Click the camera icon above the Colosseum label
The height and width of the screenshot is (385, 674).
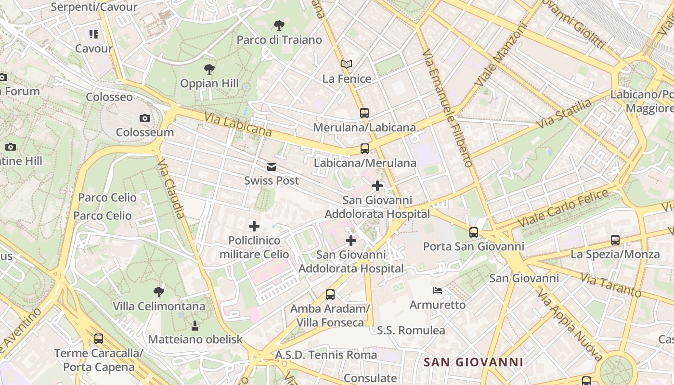coord(144,118)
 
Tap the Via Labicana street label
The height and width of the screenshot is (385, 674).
coord(237,125)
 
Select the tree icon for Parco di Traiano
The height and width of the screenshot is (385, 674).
coord(279,26)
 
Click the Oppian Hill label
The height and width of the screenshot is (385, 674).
coord(209,83)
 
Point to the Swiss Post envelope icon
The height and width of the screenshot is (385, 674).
coord(272,167)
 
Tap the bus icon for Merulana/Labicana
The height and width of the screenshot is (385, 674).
coord(364,113)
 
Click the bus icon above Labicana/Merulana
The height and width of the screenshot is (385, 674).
coord(365,149)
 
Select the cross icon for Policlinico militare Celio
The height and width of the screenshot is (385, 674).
coord(254,226)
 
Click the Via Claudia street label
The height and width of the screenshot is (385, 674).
coord(171,189)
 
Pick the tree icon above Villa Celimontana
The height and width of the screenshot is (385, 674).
coord(158,292)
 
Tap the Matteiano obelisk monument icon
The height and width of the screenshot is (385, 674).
coord(195,326)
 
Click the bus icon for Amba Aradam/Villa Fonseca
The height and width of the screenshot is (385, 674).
coord(330,295)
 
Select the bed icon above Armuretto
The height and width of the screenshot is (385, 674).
coord(438,291)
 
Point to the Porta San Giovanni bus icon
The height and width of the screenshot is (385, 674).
coord(474,232)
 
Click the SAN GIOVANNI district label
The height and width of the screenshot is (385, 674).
coord(473,362)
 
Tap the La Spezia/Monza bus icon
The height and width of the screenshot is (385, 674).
coord(615,240)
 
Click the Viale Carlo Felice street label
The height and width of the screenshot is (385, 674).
coord(563,209)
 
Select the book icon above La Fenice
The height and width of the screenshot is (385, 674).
coord(347,64)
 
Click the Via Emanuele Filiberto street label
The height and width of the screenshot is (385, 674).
coord(447,108)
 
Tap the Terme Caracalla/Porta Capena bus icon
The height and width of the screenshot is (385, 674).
coord(99,339)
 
